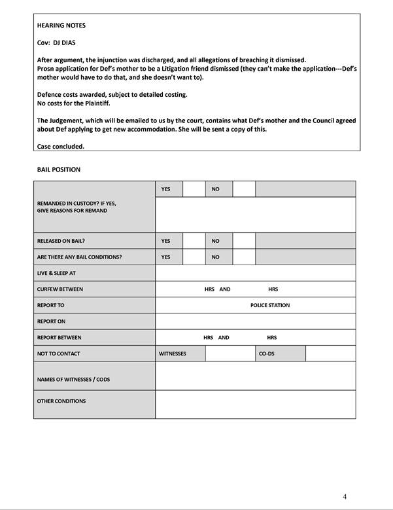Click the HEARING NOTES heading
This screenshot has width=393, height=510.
[61, 26]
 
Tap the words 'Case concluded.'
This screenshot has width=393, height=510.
[61, 146]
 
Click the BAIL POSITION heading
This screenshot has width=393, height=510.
[59, 170]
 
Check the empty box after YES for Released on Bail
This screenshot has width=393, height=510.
[194, 241]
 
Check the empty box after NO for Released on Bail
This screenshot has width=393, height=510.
[244, 241]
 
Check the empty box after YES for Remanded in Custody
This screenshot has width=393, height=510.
[194, 189]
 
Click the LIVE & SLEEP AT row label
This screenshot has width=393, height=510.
[56, 273]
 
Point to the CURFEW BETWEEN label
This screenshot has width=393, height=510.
[60, 289]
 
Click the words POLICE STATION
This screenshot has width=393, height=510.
[270, 305]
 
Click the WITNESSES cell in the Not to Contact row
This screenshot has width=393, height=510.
[173, 354]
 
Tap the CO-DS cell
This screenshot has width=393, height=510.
[266, 354]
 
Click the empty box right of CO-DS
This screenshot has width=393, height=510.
[330, 354]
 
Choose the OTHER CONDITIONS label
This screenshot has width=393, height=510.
[61, 401]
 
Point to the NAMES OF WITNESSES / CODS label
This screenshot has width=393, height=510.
[73, 379]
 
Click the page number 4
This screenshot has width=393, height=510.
[345, 496]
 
